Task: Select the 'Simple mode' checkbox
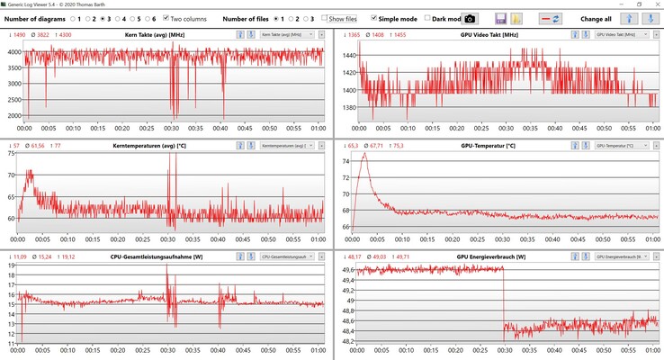click(373, 18)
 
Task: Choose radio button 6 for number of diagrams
click(145, 18)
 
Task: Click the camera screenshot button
click(471, 18)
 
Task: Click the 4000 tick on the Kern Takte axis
click(13, 51)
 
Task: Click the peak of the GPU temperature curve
click(364, 153)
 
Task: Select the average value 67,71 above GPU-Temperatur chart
click(376, 145)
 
